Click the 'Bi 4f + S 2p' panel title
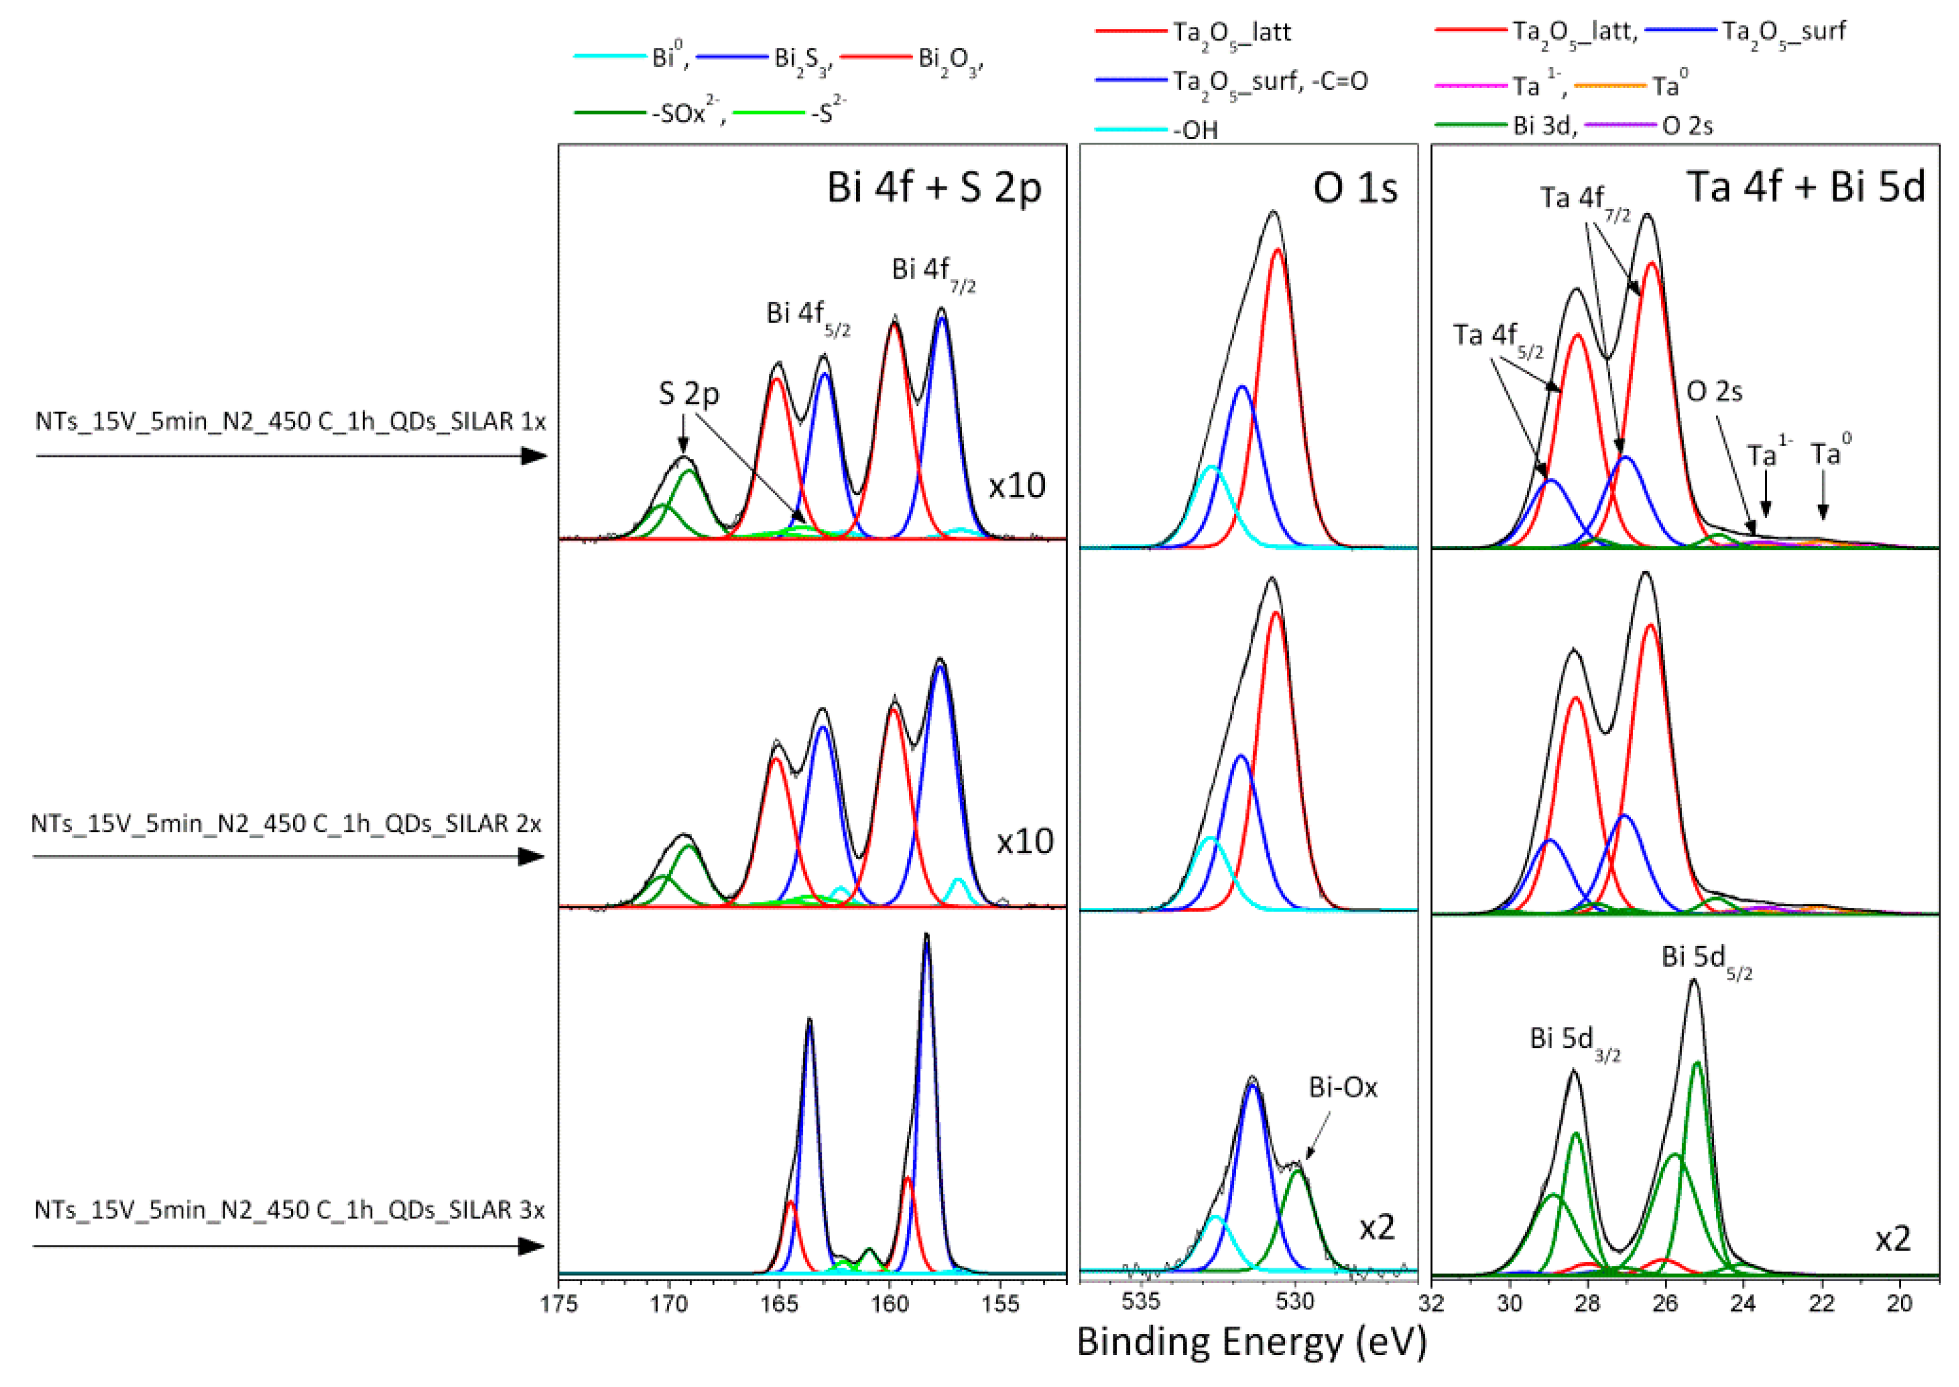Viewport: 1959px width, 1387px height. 934,187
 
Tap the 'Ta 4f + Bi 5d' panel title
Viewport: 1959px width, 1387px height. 1805,186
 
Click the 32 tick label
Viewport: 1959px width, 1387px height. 1432,1303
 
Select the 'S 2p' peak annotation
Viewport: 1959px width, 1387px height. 689,393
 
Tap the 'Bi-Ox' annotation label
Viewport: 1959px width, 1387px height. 1343,1087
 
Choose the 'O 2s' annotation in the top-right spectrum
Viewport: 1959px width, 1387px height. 1714,391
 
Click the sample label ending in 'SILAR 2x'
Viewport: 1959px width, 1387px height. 286,824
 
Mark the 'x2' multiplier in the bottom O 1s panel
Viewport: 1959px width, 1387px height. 1376,1227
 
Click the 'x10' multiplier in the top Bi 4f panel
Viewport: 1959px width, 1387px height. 1017,486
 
